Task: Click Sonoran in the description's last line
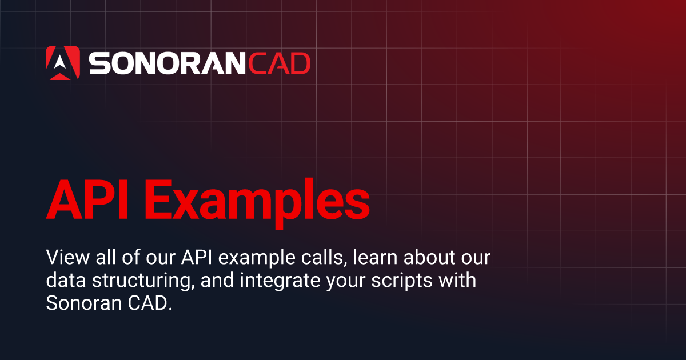coord(79,304)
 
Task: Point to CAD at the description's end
coord(147,304)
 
